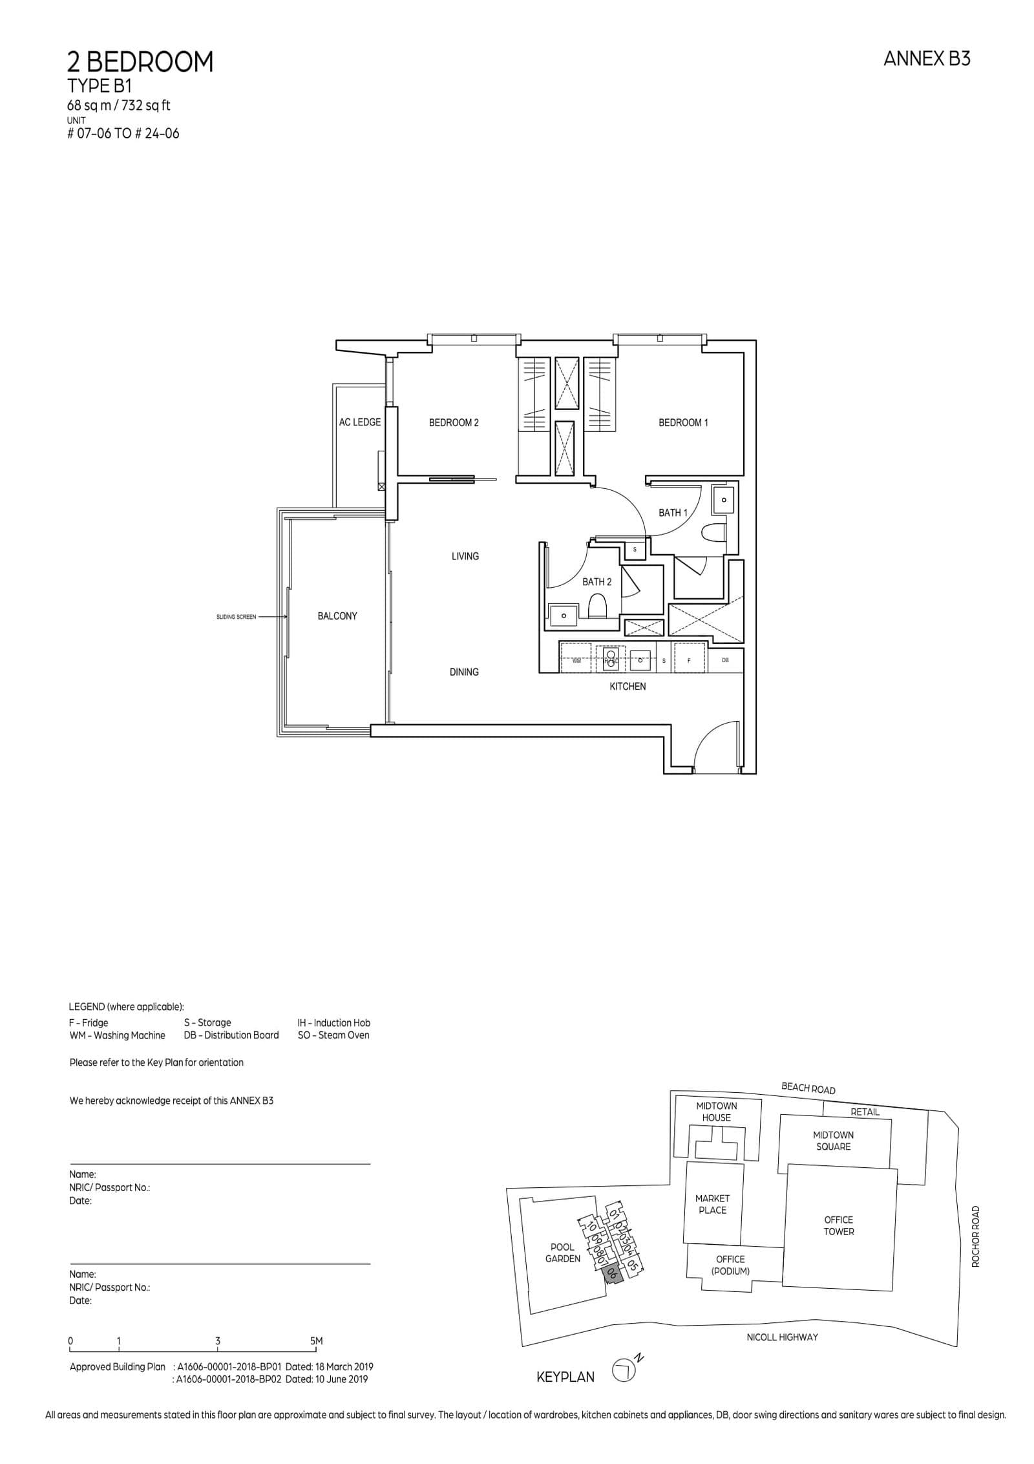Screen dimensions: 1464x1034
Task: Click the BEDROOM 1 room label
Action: coord(683,423)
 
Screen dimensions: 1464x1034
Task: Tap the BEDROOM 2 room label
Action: coord(454,423)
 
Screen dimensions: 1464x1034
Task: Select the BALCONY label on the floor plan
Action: coord(337,616)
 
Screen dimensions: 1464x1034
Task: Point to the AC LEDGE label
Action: coord(360,422)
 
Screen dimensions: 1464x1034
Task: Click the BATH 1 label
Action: coord(673,513)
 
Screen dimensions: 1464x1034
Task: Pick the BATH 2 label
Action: coord(596,582)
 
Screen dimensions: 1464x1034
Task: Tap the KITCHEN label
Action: coord(628,686)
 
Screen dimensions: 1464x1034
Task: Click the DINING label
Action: coord(464,672)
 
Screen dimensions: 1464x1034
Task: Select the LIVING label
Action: coord(465,556)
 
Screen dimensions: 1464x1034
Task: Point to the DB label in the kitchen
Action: coord(725,660)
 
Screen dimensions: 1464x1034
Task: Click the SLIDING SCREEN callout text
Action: coord(236,617)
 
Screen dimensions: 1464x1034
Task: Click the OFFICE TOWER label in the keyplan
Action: coord(838,1226)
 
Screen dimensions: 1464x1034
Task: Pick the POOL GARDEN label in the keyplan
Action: coord(562,1253)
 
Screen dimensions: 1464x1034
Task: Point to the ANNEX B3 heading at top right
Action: coord(926,59)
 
